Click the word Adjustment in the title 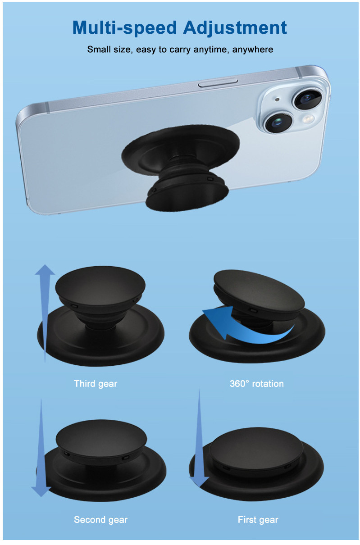235,28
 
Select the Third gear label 96,384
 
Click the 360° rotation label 256,384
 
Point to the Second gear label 100,519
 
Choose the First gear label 258,519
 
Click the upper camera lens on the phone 309,99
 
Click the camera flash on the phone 308,120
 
